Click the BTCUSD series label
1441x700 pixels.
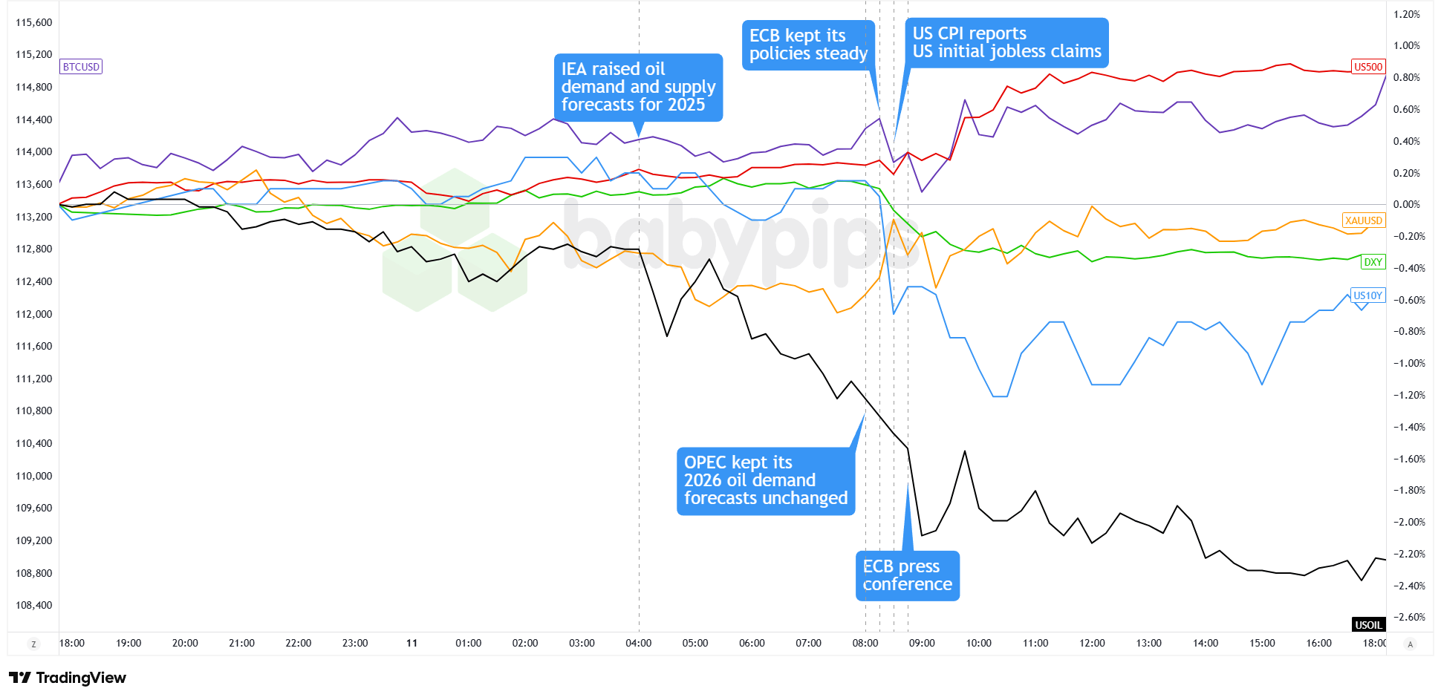(x=81, y=67)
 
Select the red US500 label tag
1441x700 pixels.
(x=1367, y=67)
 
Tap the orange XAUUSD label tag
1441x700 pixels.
(x=1363, y=220)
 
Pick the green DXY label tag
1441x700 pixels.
(x=1373, y=262)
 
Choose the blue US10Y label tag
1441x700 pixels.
(x=1367, y=295)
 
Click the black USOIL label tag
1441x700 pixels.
(x=1367, y=625)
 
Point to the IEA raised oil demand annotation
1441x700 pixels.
(x=638, y=87)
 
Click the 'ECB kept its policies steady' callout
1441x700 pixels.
(x=807, y=45)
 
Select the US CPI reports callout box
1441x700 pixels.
(x=1006, y=43)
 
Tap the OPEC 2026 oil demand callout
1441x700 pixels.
(x=765, y=480)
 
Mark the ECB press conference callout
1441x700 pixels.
(x=907, y=575)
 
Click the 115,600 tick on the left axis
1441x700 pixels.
(x=34, y=22)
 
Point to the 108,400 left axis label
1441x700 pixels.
(x=34, y=605)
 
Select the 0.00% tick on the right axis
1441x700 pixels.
(x=1407, y=204)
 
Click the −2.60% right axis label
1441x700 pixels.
(x=1407, y=617)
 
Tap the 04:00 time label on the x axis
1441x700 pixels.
(x=639, y=643)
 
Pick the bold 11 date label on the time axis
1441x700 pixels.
(x=412, y=643)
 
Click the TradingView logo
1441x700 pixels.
(x=68, y=678)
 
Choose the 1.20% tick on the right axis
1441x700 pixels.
(x=1407, y=14)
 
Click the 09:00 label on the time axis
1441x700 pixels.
(x=922, y=643)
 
